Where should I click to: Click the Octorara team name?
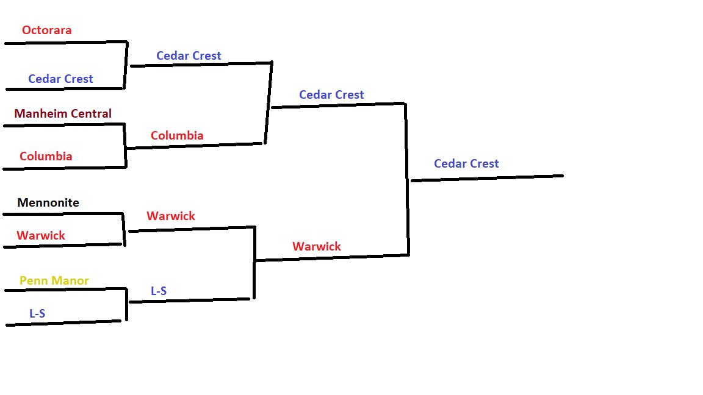pyautogui.click(x=47, y=30)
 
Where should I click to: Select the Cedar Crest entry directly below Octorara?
pyautogui.click(x=60, y=79)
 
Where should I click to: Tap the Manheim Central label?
pyautogui.click(x=63, y=113)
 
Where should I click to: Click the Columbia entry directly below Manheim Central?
pyautogui.click(x=46, y=156)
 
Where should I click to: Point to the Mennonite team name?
pyautogui.click(x=48, y=202)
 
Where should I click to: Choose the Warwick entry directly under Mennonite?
pyautogui.click(x=41, y=235)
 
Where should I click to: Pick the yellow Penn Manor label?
pyautogui.click(x=54, y=280)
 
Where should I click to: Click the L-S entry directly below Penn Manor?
pyautogui.click(x=37, y=313)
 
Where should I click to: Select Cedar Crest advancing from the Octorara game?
pyautogui.click(x=189, y=55)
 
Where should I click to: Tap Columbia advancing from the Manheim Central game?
pyautogui.click(x=177, y=135)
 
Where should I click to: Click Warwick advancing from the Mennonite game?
pyautogui.click(x=171, y=216)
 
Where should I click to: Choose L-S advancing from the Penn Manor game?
pyautogui.click(x=159, y=291)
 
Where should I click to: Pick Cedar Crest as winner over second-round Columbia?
pyautogui.click(x=331, y=94)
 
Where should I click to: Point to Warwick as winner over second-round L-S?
pyautogui.click(x=317, y=246)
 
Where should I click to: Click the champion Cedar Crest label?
pyautogui.click(x=466, y=163)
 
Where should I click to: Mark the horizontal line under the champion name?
pyautogui.click(x=487, y=178)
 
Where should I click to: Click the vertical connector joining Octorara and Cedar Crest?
pyautogui.click(x=126, y=65)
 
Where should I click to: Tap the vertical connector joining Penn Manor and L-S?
pyautogui.click(x=126, y=304)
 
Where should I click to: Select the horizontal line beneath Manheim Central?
pyautogui.click(x=64, y=125)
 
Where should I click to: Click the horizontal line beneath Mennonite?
pyautogui.click(x=63, y=213)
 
